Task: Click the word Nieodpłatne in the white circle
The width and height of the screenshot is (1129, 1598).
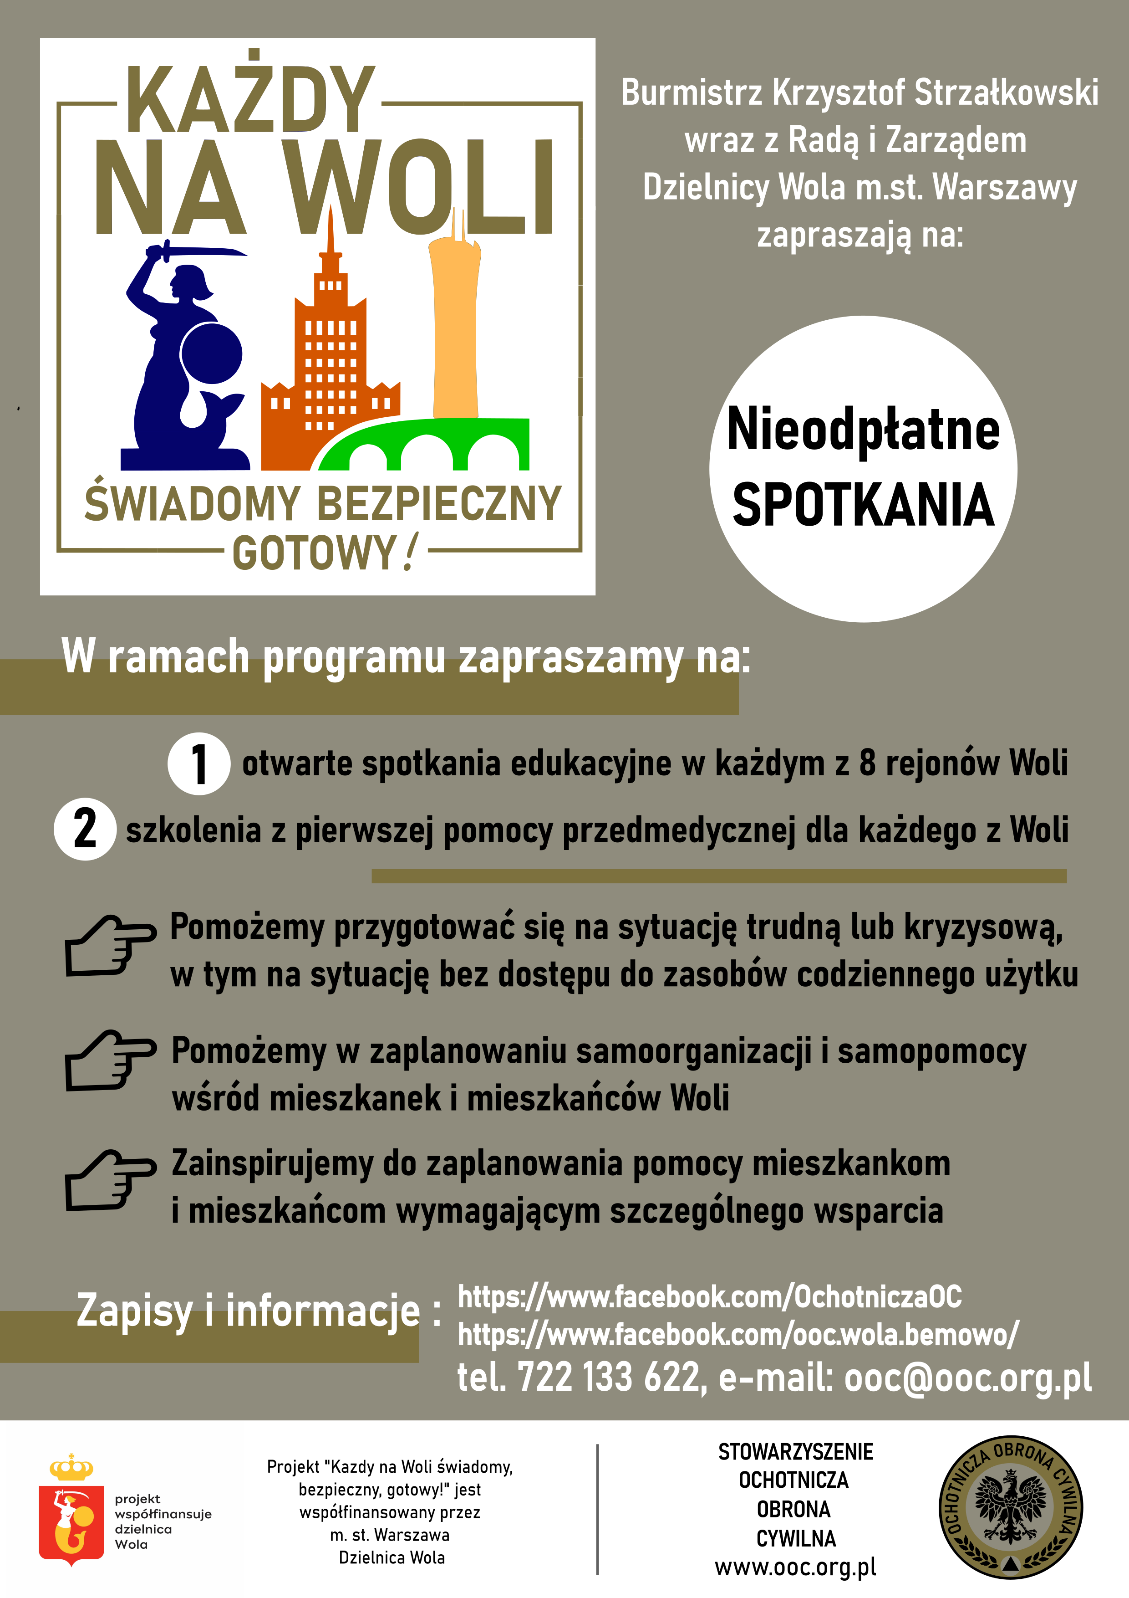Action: tap(863, 430)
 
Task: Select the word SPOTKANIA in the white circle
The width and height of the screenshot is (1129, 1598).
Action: tap(863, 505)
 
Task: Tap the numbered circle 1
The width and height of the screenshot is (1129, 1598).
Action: tap(199, 763)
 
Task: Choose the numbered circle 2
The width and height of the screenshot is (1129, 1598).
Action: tap(85, 829)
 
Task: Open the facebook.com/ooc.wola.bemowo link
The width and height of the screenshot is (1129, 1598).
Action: tap(737, 1334)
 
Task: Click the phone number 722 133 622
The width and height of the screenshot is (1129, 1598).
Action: tap(609, 1378)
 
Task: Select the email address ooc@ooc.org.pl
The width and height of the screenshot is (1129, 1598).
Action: tap(967, 1378)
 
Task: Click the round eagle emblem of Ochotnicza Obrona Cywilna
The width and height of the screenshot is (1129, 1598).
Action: tap(1010, 1507)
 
